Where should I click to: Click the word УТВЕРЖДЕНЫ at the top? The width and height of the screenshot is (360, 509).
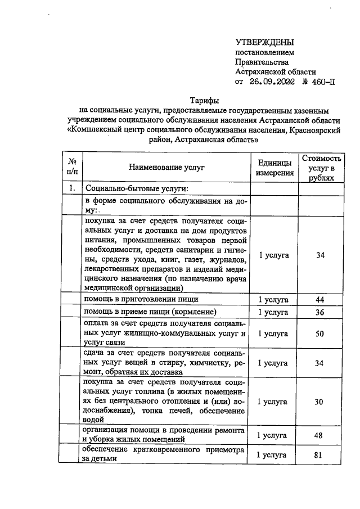264,42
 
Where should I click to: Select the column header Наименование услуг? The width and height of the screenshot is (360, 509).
166,168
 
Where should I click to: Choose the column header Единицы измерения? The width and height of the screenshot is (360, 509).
274,168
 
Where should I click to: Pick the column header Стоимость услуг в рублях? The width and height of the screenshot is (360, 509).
321,168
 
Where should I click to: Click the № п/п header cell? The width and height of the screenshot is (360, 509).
71,168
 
